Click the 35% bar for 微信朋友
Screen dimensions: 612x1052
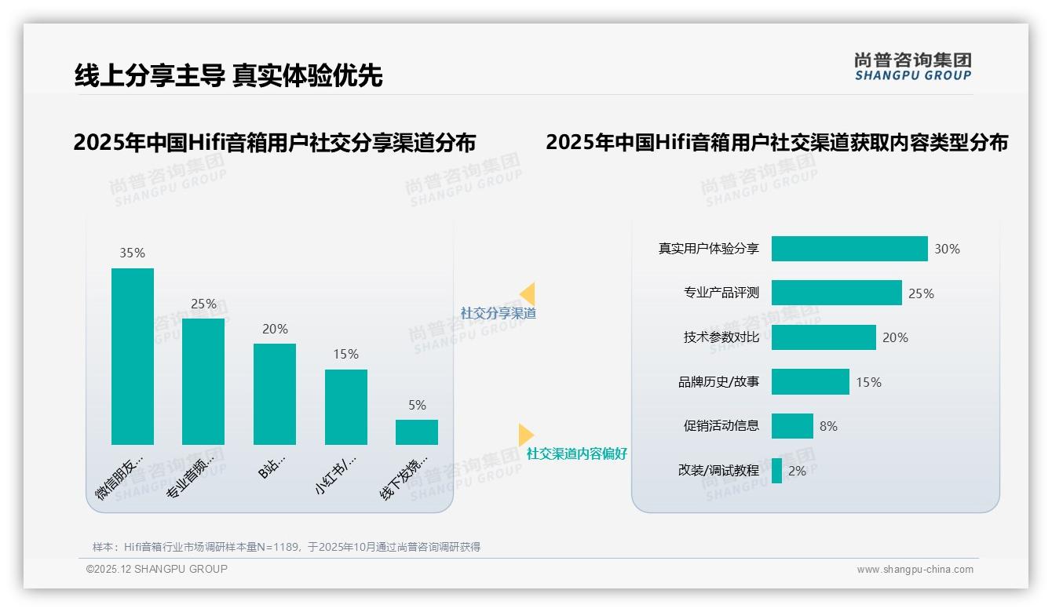(x=133, y=356)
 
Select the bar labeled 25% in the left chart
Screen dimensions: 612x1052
(x=203, y=381)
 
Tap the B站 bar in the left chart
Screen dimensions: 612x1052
(x=275, y=394)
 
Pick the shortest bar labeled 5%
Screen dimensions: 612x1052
(x=417, y=432)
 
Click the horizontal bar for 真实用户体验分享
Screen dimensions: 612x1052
(x=849, y=249)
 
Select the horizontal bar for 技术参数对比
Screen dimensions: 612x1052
(x=824, y=337)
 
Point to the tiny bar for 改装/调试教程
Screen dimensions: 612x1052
(x=776, y=471)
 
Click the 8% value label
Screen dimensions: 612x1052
(x=828, y=426)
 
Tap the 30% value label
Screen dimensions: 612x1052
(x=947, y=249)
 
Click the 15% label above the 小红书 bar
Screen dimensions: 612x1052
(x=345, y=354)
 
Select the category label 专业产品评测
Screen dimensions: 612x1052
(x=721, y=293)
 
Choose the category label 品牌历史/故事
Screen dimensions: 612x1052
(x=718, y=382)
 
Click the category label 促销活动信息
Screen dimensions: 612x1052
(x=721, y=426)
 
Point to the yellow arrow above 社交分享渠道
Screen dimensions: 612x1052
(x=528, y=294)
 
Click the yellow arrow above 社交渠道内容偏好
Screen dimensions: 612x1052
(x=526, y=435)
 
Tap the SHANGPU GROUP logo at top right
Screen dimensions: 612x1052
(x=912, y=67)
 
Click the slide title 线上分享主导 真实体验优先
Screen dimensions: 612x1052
(x=228, y=75)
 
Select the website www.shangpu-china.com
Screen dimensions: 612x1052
(x=915, y=570)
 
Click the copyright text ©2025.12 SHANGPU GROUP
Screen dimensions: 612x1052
(x=157, y=569)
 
